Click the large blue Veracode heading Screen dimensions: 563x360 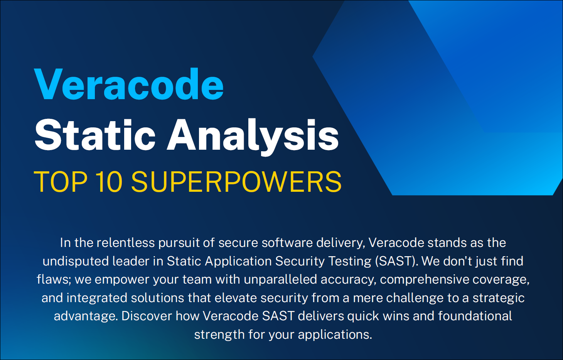click(129, 84)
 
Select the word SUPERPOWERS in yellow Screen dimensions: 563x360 click(236, 182)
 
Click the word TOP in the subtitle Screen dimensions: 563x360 click(61, 182)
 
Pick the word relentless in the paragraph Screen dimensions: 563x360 click(125, 243)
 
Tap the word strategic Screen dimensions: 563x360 click(499, 298)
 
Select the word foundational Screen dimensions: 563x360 click(475, 316)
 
